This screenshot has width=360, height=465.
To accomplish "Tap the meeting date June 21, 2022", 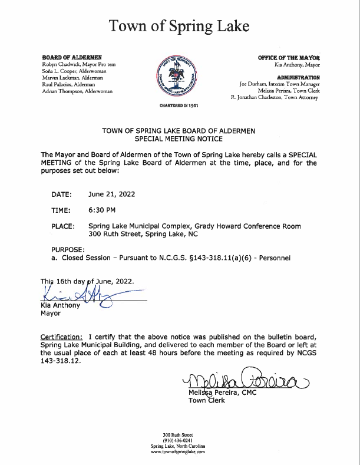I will coord(111,194).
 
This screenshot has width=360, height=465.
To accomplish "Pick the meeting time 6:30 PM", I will coord(102,210).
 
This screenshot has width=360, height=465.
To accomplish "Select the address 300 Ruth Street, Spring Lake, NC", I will coord(143,234).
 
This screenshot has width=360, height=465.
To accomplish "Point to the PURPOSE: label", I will coord(68,250).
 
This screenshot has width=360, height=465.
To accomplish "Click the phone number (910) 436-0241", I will coord(177,441).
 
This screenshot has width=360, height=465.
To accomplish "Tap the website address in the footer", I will coord(177,451).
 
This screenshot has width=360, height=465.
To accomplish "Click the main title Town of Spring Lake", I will coord(180,25).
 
